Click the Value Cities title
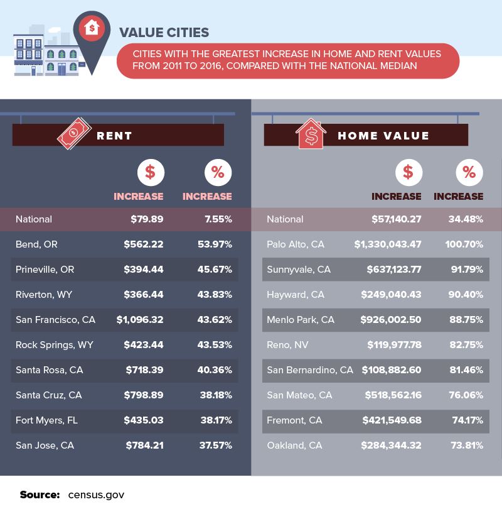tap(164, 32)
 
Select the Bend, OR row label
tap(36, 244)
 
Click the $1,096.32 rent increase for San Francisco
tap(140, 320)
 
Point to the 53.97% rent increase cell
tap(215, 244)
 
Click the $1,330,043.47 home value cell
tap(387, 244)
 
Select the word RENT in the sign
tap(114, 136)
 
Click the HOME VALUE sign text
tap(383, 136)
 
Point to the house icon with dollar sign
tap(312, 134)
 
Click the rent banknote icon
tap(74, 134)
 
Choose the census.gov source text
tap(96, 495)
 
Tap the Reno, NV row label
tap(287, 345)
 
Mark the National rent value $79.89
tap(147, 219)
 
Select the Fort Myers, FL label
tap(46, 420)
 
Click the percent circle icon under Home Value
tap(469, 172)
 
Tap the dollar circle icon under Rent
tap(150, 172)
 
